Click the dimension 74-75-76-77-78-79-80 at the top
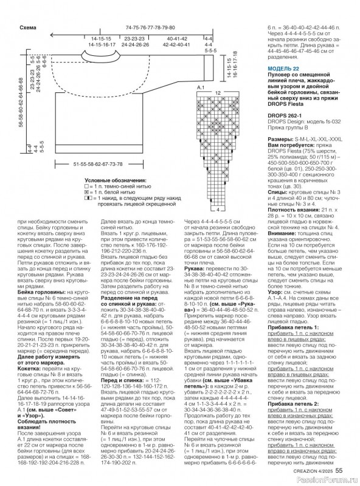[x=150, y=28]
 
